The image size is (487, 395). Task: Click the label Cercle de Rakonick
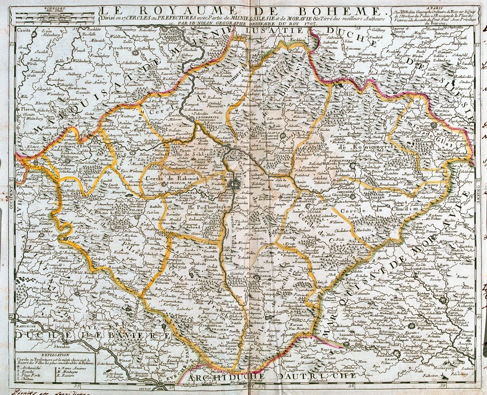[163, 179]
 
